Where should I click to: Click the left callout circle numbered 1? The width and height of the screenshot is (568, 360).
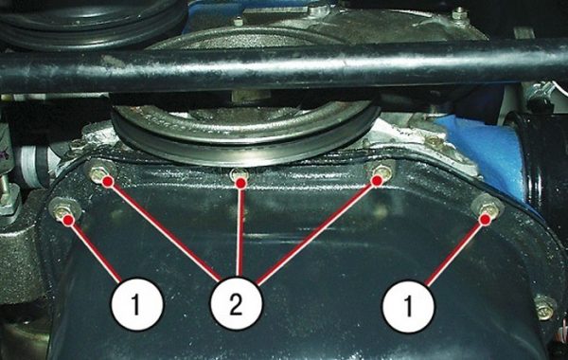pos(137,304)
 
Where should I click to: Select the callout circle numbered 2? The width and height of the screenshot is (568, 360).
pos(236,304)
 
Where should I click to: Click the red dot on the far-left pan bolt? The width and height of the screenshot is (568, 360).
pos(68,220)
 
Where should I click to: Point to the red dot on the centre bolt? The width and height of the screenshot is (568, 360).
pos(240,183)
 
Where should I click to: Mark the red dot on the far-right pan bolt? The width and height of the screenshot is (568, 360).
pos(486,220)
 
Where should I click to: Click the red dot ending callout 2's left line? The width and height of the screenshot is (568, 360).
pos(107,182)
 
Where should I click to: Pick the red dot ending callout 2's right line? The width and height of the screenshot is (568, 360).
pos(377,181)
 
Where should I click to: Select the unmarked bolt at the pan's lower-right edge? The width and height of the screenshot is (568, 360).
pos(545,308)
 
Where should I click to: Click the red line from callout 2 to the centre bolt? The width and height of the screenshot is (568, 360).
pos(239,231)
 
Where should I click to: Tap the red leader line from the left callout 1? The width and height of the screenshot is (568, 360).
pos(95,250)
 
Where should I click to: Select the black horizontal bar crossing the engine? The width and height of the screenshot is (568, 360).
pos(284,68)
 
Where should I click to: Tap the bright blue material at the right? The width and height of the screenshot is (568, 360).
pos(485,150)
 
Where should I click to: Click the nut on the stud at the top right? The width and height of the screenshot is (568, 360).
pos(459,14)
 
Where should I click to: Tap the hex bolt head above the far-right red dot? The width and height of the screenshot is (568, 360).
pos(488,207)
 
